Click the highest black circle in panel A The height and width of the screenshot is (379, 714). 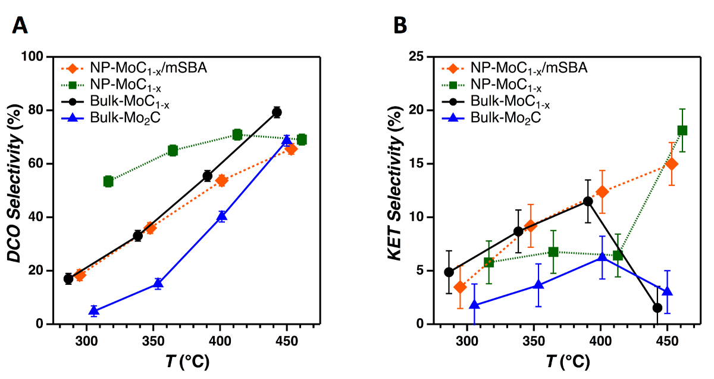[x=277, y=112]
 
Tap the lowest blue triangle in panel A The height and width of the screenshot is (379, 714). [x=94, y=310]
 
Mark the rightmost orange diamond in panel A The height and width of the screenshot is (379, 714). [x=291, y=149]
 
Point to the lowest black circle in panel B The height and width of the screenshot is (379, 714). [x=657, y=308]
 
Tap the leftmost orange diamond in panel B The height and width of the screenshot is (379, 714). [x=459, y=287]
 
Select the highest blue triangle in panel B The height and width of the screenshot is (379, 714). [x=603, y=257]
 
